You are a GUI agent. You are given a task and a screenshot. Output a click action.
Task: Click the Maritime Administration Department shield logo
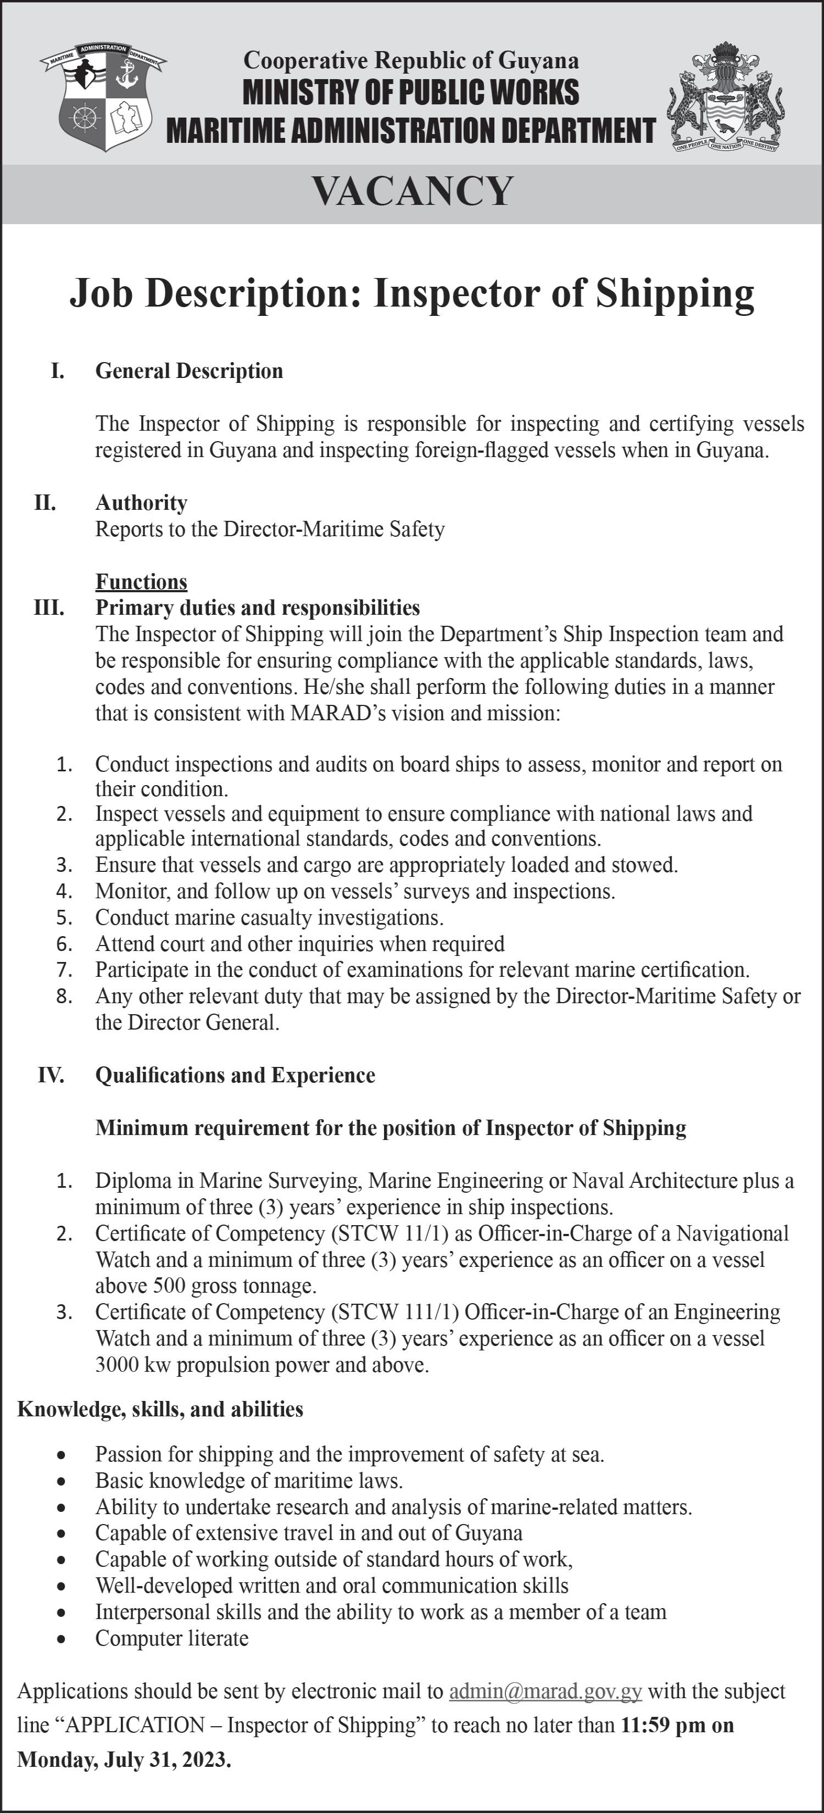point(103,97)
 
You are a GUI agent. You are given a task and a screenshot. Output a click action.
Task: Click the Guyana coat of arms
point(725,97)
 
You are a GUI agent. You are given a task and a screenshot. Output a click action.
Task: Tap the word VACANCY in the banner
point(413,191)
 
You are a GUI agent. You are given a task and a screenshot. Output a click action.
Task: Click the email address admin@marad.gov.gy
point(545,1691)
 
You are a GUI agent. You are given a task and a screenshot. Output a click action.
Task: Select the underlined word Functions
point(141,581)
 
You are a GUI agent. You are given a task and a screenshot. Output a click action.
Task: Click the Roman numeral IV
point(51,1075)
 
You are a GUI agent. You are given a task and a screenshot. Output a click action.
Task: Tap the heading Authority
point(141,503)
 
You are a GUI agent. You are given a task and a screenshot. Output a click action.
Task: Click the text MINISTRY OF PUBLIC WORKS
point(411,92)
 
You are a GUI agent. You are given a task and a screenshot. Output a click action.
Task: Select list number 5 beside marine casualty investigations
point(65,917)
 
